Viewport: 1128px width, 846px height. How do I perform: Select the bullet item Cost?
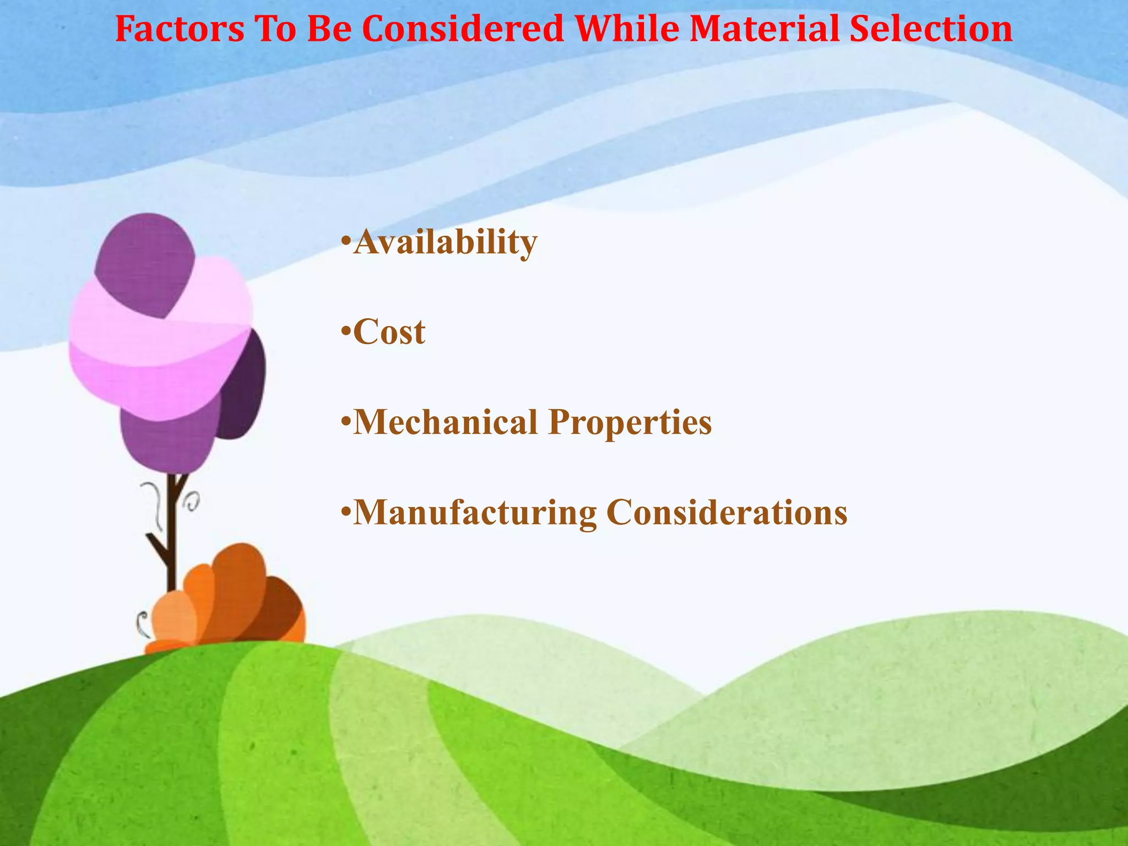(x=388, y=332)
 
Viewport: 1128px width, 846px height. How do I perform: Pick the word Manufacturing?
(x=474, y=513)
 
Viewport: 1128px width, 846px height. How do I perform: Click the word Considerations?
(x=726, y=513)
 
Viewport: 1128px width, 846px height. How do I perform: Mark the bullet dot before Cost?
(x=345, y=332)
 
